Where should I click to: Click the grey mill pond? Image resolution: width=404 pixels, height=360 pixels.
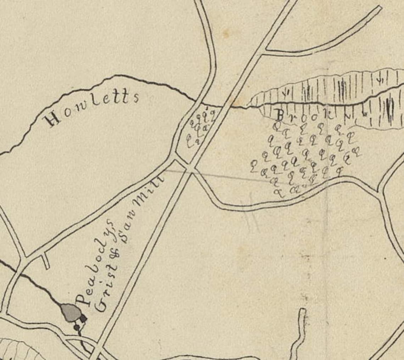point(70,313)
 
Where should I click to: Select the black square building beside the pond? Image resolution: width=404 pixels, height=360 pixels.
point(83,319)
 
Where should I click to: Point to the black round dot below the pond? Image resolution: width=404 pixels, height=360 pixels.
point(77,328)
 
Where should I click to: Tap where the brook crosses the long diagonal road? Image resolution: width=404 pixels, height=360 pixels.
point(227,105)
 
